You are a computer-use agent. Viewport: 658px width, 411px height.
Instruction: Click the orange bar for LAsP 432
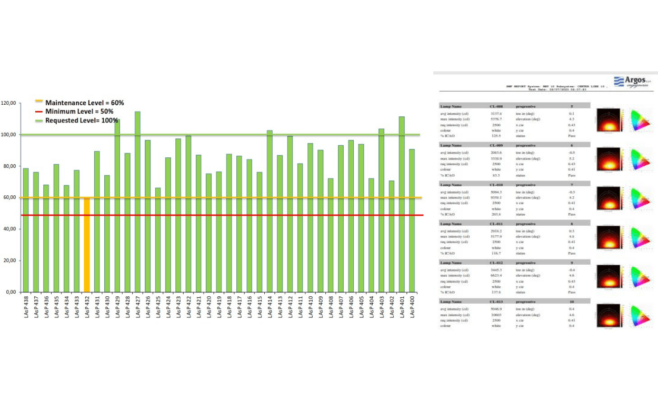coord(87,245)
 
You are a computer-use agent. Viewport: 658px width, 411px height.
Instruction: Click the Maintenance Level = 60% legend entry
coord(84,103)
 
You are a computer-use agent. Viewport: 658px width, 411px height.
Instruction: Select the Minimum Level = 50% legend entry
coord(79,112)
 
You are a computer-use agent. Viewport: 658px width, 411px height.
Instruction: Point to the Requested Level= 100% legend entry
coord(81,120)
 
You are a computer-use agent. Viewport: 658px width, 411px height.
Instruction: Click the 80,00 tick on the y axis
coord(10,166)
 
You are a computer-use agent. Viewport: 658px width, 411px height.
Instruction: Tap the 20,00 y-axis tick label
coord(10,261)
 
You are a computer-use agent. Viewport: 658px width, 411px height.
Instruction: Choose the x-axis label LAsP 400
coord(412,307)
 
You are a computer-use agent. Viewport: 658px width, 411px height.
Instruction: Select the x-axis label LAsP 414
coord(270,307)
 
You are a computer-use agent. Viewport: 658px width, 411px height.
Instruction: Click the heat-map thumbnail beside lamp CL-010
coord(610,198)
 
